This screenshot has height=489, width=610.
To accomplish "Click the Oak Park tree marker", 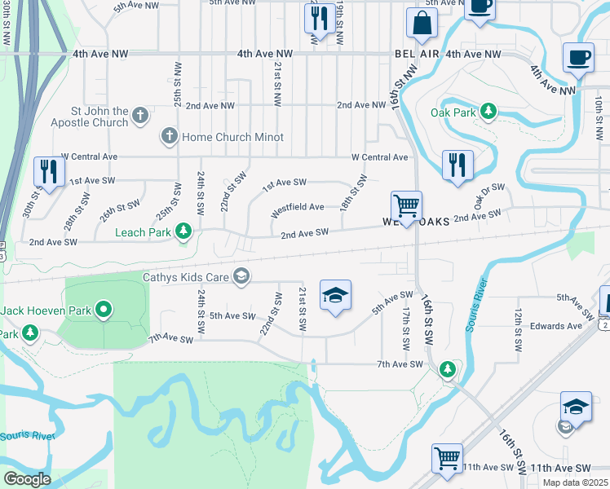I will [488, 111].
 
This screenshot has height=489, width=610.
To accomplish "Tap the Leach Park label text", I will [143, 232].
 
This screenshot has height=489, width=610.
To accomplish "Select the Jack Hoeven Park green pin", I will [104, 310].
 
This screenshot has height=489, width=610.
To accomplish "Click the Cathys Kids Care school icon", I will [241, 277].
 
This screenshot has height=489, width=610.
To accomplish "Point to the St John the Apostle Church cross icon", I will [140, 116].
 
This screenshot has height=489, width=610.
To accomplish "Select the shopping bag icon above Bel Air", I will [422, 24].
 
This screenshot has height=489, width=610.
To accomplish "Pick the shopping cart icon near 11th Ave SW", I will [446, 459].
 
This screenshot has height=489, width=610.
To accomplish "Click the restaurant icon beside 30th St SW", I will [48, 171].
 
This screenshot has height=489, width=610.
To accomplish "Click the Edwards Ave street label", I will [556, 326].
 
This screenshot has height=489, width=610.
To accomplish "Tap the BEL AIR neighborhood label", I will [417, 54].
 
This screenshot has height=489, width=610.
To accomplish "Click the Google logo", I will [27, 479].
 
